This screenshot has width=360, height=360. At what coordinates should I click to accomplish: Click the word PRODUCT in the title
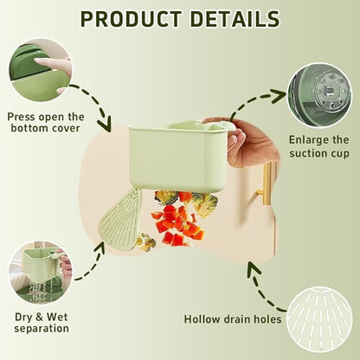click(131, 19)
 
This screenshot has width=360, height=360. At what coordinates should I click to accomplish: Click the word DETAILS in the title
click(235, 19)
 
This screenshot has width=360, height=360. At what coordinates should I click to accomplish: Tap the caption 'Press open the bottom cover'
click(46, 122)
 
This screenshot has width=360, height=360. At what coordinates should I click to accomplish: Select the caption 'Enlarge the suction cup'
click(319, 146)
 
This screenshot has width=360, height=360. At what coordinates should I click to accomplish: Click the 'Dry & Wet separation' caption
click(42, 322)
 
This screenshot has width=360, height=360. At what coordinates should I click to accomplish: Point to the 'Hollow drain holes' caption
click(233, 319)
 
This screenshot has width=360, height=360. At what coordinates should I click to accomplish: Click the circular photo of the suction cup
click(320, 95)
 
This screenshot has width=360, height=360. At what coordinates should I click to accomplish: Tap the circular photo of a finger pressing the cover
click(41, 70)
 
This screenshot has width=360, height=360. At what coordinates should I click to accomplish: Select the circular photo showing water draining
click(40, 273)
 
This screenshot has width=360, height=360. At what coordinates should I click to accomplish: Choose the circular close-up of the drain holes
click(320, 319)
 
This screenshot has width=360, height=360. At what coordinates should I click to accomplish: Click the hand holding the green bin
click(250, 142)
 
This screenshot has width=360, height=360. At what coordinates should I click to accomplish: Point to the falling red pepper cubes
click(178, 222)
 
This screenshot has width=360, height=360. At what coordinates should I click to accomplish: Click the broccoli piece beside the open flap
click(145, 241)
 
